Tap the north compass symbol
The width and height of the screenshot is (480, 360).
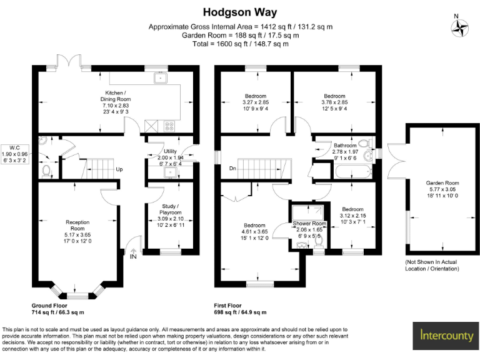(x=461, y=27)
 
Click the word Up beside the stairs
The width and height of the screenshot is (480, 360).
(x=119, y=169)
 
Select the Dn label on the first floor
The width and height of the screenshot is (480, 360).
(x=232, y=168)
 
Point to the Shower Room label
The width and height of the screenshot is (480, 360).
(x=310, y=223)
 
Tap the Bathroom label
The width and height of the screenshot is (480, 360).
(x=345, y=145)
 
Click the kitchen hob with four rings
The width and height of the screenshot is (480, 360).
(x=169, y=125)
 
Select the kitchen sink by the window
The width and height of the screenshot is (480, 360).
(x=161, y=78)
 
